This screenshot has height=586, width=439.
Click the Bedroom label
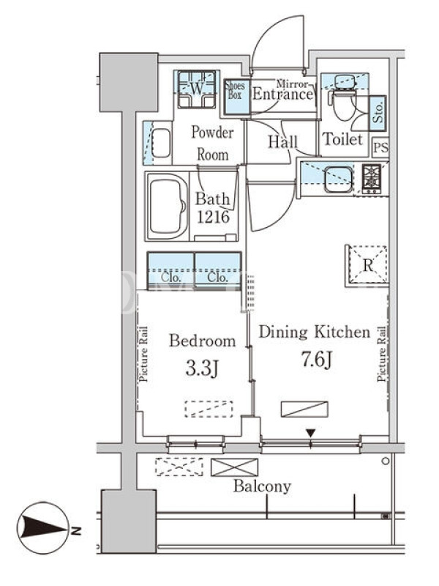(x=203, y=341)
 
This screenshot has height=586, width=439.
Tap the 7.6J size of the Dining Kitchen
(x=317, y=360)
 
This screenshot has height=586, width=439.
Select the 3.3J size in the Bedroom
(x=202, y=369)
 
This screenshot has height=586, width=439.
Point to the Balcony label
(x=262, y=486)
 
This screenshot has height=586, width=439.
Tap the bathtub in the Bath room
(x=168, y=207)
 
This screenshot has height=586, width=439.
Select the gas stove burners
(x=372, y=179)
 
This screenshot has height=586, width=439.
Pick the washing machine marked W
(x=197, y=89)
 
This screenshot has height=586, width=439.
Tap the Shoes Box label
(x=235, y=90)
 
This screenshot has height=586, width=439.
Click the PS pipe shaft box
(x=380, y=147)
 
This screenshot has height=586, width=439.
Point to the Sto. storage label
(x=378, y=113)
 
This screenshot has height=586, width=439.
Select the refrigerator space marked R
(x=367, y=266)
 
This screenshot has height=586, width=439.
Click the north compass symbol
(x=43, y=527)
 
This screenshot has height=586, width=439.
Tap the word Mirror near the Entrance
(x=292, y=84)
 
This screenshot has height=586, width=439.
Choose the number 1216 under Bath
(x=213, y=217)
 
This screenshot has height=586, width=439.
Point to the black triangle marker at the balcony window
(x=310, y=433)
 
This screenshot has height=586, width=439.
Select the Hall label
(x=282, y=142)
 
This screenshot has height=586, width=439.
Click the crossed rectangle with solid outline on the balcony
(x=234, y=467)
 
